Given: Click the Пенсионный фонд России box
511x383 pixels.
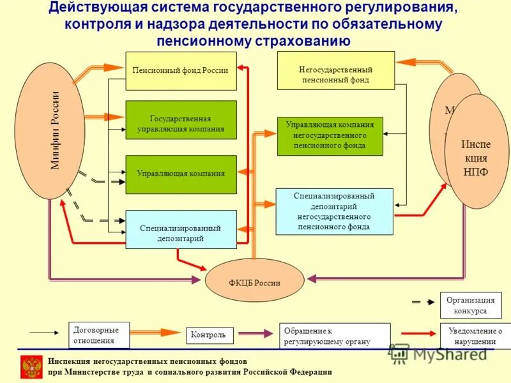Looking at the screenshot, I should click(x=181, y=70).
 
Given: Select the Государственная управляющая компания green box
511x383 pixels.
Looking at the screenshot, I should click(x=181, y=119).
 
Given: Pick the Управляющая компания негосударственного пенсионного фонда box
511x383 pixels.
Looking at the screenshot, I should click(x=330, y=136).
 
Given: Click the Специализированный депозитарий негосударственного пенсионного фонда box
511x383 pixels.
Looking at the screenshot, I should click(x=334, y=211).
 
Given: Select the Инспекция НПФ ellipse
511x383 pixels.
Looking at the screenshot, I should click(x=476, y=151).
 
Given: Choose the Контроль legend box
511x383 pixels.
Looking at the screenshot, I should click(x=210, y=335).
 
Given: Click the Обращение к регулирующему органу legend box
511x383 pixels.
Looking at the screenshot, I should click(x=334, y=335).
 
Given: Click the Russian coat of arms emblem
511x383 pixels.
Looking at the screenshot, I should click(x=32, y=368).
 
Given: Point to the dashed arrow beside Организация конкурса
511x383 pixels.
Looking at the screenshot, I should click(x=420, y=301).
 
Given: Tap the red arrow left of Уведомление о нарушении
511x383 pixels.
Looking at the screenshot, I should click(x=418, y=333).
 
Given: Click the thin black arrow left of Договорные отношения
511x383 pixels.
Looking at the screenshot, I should click(x=43, y=333).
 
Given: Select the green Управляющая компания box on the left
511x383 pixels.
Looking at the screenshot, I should click(x=181, y=174).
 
